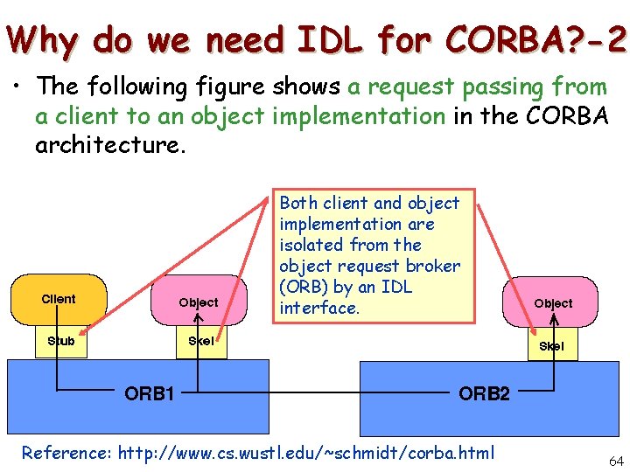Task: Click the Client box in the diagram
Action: point(59,300)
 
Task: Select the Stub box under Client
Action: point(60,341)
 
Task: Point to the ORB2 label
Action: point(484,393)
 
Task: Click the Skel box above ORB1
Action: point(200,341)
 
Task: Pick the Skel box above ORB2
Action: point(551,346)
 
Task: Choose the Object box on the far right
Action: point(553,303)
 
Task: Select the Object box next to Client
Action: point(199,302)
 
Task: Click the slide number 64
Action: point(615,460)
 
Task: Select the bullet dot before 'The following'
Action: point(17,87)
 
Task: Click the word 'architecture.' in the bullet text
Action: point(109,144)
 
